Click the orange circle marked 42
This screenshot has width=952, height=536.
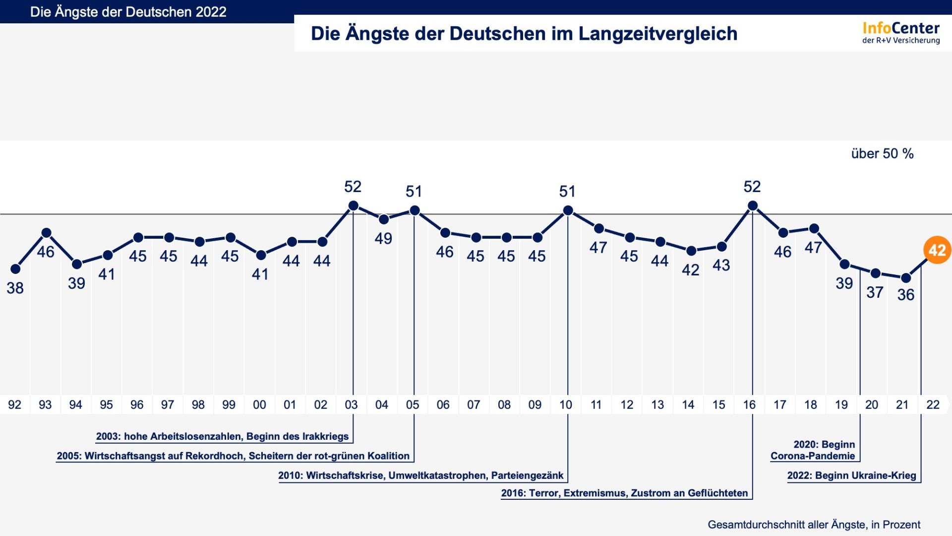tap(937, 250)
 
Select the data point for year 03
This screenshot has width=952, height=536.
tap(353, 205)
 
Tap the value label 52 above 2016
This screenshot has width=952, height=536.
tap(752, 187)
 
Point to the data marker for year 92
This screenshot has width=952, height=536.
tap(15, 269)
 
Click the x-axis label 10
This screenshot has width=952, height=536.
tap(565, 405)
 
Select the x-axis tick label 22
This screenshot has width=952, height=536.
tap(933, 405)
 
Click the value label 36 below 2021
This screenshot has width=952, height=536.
tap(905, 295)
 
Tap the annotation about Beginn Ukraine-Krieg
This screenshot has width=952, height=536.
tap(851, 475)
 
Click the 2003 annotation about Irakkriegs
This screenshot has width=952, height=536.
tap(222, 437)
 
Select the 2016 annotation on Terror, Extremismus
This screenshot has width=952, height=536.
tap(624, 493)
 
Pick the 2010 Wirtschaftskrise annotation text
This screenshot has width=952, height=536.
tap(420, 475)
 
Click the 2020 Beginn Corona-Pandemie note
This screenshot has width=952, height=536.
tap(813, 450)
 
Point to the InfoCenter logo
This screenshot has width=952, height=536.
tap(900, 33)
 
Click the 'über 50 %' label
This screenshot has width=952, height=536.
tap(882, 154)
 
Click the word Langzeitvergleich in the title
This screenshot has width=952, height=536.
tap(657, 34)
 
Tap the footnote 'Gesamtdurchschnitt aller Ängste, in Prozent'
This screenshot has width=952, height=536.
tap(814, 525)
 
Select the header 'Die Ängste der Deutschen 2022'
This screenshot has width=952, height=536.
tap(128, 12)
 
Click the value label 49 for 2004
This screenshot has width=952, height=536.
tap(383, 239)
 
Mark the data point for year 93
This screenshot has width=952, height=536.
tap(47, 233)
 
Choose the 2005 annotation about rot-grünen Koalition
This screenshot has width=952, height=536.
tap(233, 456)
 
